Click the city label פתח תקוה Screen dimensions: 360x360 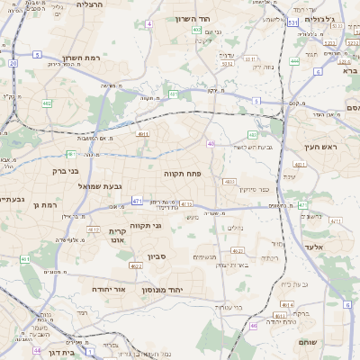coord(181,172)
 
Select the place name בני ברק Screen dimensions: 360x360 coord(65,170)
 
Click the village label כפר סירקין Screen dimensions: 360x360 coord(255,190)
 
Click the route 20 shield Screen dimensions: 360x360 coord(13,64)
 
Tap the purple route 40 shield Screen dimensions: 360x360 coord(211,143)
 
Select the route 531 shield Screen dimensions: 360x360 coord(292,22)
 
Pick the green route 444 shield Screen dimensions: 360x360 coord(295,62)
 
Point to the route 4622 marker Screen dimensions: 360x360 coord(136,265)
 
